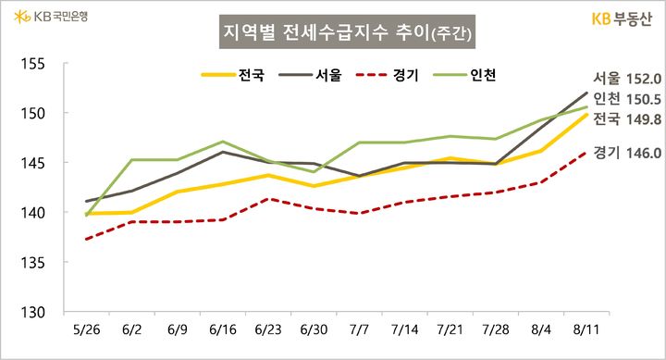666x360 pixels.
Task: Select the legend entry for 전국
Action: click(238, 75)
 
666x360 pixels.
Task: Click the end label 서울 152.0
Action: click(627, 79)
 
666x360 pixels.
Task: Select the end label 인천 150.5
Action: click(627, 99)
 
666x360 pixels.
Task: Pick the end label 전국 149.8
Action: click(627, 119)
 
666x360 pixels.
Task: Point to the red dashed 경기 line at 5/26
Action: click(86, 240)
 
